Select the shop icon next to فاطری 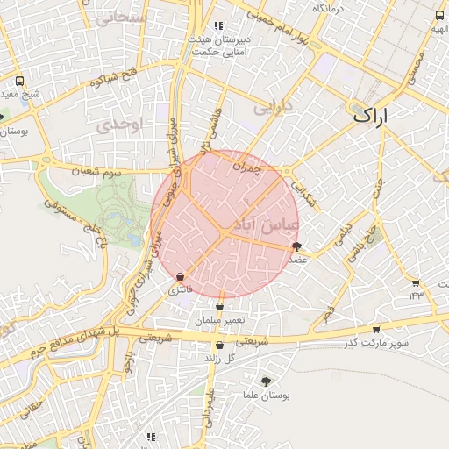pyautogui.click(x=180, y=275)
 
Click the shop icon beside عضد pyautogui.click(x=296, y=246)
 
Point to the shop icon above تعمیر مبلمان pyautogui.click(x=219, y=307)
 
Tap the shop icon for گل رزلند pyautogui.click(x=219, y=346)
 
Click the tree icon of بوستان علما pyautogui.click(x=266, y=380)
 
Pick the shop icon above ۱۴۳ pyautogui.click(x=416, y=282)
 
